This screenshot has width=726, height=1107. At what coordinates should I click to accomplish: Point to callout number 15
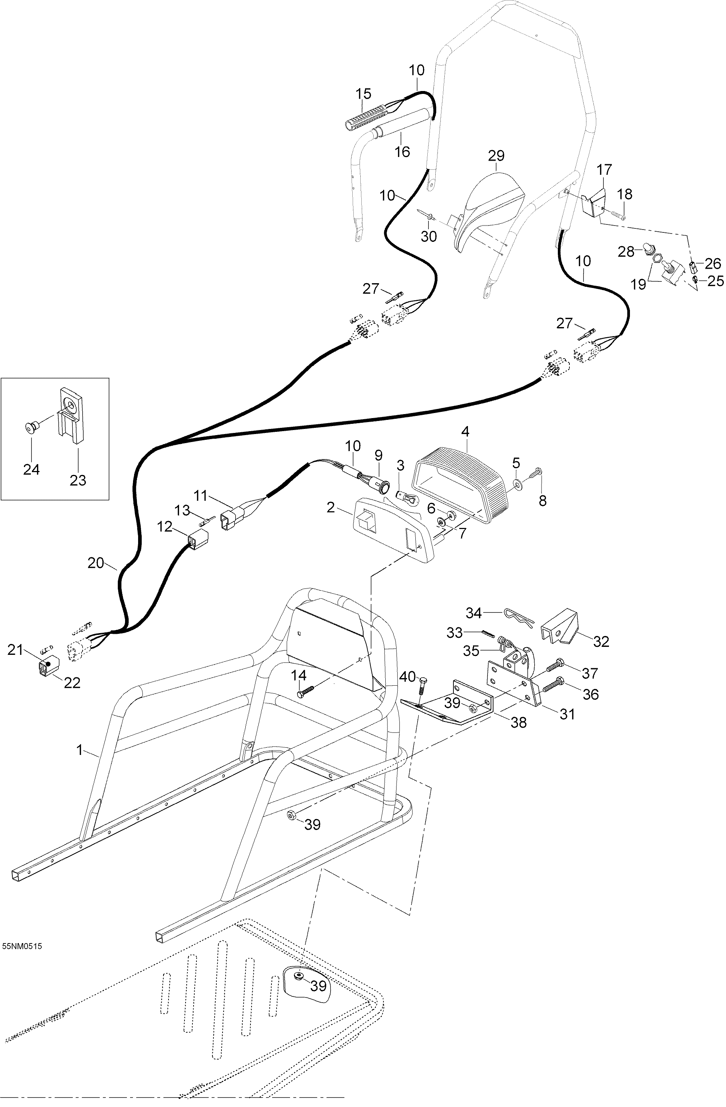click(x=364, y=94)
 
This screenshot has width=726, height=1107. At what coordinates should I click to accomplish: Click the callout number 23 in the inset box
click(x=78, y=480)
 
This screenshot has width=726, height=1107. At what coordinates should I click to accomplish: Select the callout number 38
click(x=519, y=722)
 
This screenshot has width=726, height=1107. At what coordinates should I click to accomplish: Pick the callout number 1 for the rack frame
click(x=79, y=750)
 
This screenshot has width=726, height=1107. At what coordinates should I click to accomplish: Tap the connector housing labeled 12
click(x=197, y=540)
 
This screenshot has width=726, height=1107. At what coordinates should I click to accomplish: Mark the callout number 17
click(x=604, y=169)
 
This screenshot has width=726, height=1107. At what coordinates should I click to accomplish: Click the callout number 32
click(x=601, y=641)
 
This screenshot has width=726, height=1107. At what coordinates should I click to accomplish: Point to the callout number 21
click(x=15, y=649)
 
